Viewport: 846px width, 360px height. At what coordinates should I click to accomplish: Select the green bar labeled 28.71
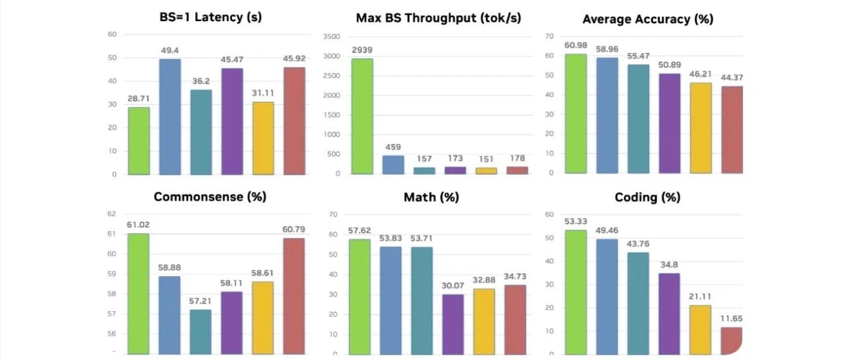(x=139, y=141)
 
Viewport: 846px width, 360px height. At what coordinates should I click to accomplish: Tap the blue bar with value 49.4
(x=170, y=116)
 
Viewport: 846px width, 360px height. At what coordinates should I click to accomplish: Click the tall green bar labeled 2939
(x=362, y=116)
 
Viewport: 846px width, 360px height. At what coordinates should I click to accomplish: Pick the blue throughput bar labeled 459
(x=393, y=164)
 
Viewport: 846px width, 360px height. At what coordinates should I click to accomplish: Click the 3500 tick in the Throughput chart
(x=332, y=36)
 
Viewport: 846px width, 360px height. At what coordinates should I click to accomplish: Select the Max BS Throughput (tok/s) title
(x=438, y=18)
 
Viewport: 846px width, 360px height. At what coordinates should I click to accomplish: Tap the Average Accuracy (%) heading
(x=648, y=19)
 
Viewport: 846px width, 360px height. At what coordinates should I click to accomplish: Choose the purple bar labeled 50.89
(x=670, y=123)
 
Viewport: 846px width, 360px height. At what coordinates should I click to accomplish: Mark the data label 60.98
(x=576, y=45)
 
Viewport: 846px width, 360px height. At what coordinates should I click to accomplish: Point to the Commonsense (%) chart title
(x=210, y=197)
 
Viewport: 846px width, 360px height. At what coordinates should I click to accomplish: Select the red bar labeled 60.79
(x=294, y=295)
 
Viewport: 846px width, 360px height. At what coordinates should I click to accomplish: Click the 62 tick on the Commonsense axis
(x=111, y=214)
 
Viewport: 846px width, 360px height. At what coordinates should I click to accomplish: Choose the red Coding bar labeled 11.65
(x=731, y=340)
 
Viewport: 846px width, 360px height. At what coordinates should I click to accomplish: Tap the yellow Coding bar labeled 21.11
(x=700, y=329)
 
